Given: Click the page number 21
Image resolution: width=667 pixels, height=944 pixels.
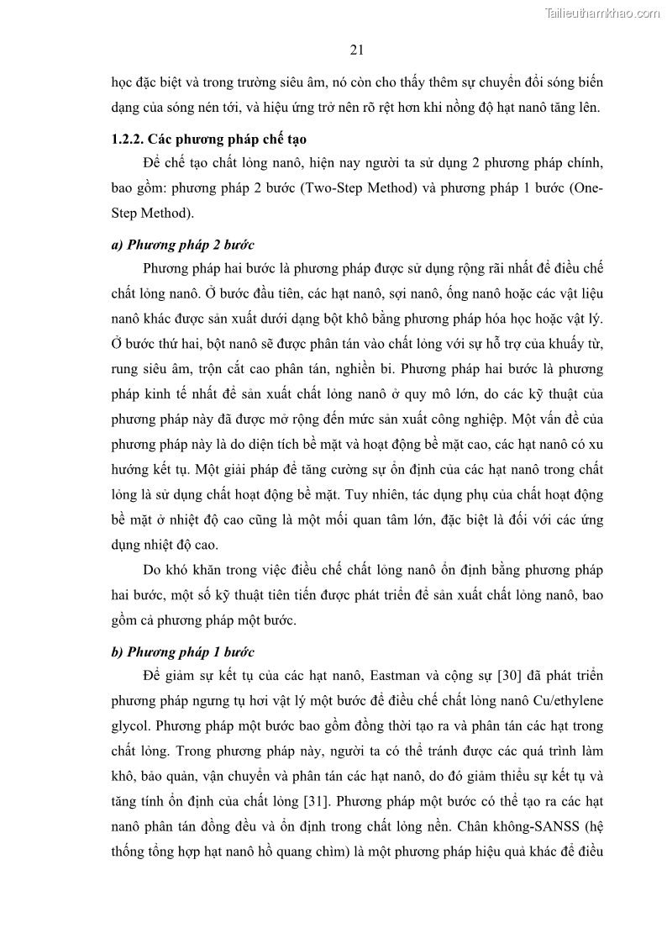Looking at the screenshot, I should [x=355, y=50].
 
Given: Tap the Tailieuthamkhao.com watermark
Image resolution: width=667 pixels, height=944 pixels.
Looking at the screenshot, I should [x=602, y=13].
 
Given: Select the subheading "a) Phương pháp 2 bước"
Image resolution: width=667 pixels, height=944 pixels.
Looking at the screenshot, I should [x=182, y=245].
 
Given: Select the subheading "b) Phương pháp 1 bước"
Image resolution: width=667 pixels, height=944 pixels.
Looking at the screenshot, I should [x=182, y=651].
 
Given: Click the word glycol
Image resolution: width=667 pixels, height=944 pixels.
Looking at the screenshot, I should [x=129, y=725].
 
